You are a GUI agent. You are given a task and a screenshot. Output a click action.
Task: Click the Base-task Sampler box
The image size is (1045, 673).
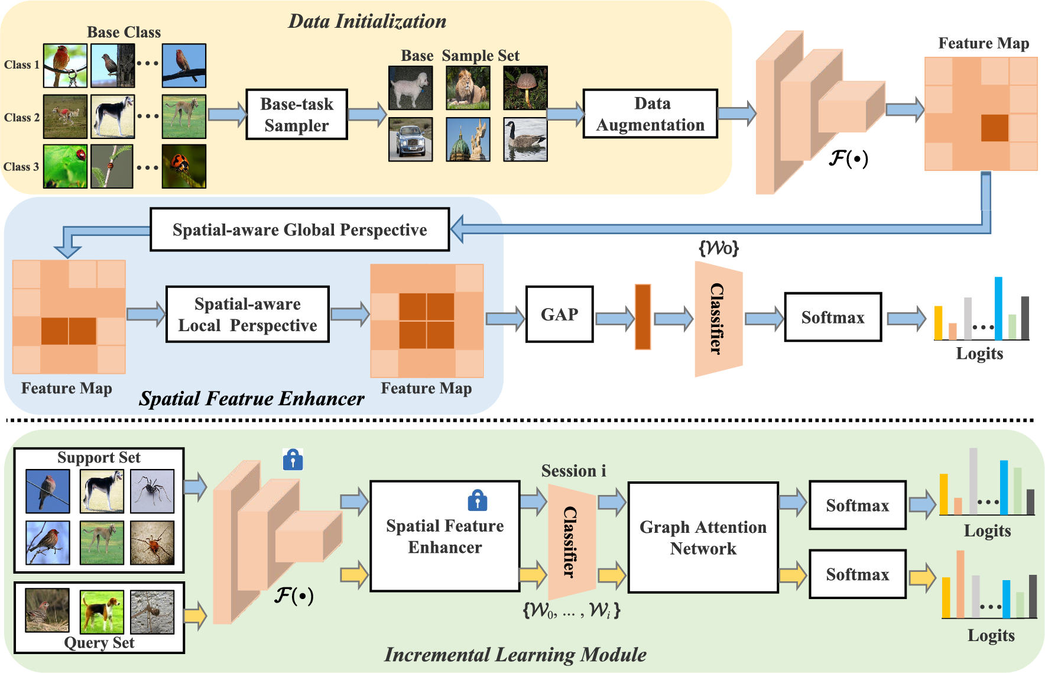point(296,115)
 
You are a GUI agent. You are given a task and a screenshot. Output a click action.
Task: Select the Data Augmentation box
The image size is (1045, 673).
point(650,114)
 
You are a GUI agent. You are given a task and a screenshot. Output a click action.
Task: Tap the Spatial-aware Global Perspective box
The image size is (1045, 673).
point(300,229)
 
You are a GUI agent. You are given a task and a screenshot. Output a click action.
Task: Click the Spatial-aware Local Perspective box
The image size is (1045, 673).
point(248,315)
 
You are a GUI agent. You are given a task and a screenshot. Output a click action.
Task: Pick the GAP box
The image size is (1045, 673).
point(559,315)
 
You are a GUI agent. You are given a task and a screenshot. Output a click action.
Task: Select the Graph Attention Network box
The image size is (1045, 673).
point(703,538)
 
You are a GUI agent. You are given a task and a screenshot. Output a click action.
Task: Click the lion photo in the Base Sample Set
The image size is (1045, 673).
point(468,88)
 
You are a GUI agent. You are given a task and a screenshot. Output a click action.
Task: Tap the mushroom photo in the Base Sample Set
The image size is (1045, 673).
point(525,88)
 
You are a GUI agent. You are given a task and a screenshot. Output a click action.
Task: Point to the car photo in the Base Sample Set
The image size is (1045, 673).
point(410,140)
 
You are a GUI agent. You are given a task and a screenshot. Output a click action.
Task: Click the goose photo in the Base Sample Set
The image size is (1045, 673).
point(525,140)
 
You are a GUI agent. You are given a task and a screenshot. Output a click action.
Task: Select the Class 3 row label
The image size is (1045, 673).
point(21,167)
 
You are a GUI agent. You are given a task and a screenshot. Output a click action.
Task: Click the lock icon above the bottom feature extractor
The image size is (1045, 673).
point(293,460)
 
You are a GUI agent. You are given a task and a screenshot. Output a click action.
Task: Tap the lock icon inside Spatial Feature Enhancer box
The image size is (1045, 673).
point(477,500)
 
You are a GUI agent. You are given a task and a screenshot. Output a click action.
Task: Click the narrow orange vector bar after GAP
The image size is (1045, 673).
point(642,317)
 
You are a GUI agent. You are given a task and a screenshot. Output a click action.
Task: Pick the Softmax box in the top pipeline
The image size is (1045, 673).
point(832,318)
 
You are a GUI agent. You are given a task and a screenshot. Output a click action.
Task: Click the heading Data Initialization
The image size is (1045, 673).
point(367,21)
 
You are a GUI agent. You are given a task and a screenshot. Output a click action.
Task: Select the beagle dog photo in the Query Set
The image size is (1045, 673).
point(102,611)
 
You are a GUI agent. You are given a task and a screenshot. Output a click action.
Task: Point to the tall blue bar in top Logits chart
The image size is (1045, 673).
point(998,309)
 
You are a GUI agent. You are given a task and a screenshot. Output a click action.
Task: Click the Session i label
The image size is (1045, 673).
point(573,471)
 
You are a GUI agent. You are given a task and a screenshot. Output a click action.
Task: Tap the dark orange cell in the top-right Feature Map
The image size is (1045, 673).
point(994,128)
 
